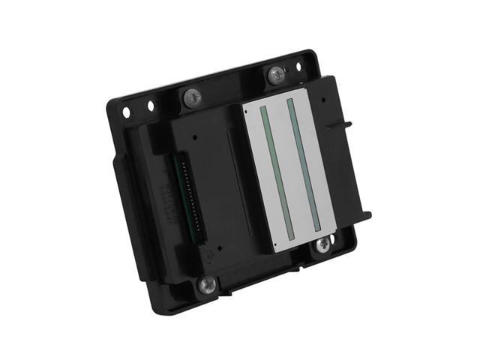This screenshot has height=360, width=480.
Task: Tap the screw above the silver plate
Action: (276, 74)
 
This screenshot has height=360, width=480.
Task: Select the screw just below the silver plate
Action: (322, 244)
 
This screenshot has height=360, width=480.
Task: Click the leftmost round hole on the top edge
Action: (126, 112)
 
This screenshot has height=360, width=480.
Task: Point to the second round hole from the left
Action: (151, 106)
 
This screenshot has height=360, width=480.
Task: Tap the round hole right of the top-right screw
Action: (298, 67)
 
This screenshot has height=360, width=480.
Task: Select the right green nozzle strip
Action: (304, 164)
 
